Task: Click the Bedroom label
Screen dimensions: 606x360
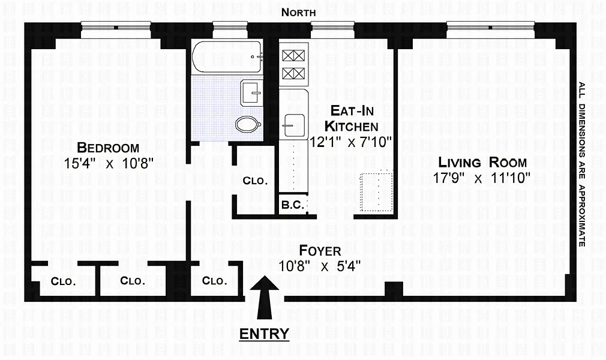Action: point(108,148)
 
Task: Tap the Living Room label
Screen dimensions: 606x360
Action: point(482,161)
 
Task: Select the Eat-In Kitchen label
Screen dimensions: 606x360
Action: point(352,118)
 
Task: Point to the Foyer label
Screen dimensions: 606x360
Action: point(320,251)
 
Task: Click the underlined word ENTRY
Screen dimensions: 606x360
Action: point(265,334)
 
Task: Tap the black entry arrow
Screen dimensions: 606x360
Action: point(265,297)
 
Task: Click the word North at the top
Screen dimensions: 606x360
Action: point(298,13)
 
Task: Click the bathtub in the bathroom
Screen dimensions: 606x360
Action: point(227,57)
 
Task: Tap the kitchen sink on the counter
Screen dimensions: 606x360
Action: point(294,125)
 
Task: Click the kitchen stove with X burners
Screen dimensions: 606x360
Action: point(294,64)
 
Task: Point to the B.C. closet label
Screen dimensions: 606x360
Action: point(293,205)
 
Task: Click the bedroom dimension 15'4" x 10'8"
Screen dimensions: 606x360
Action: point(109,163)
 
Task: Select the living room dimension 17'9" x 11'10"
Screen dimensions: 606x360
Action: point(481,178)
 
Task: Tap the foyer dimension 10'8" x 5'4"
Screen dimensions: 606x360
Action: point(320,266)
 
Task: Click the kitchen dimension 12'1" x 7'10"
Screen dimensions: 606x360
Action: point(351,142)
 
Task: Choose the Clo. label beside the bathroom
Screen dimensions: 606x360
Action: point(255,181)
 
